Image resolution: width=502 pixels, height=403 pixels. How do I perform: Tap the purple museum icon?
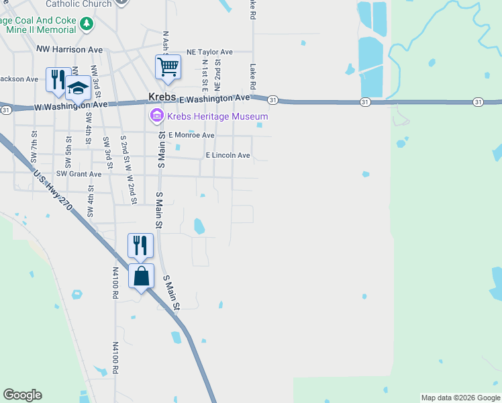point(157,116)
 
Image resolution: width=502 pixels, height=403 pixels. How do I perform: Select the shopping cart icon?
point(168,66)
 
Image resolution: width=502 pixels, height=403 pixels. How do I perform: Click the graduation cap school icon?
point(78,89)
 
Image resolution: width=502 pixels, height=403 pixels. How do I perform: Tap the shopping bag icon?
point(141,275)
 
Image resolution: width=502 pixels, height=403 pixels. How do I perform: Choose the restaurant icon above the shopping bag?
point(140,245)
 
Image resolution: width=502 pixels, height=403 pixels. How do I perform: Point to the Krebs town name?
point(162,98)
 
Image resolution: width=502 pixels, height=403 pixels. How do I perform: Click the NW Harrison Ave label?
point(70,50)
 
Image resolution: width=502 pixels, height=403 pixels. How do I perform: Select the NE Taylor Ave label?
point(209,52)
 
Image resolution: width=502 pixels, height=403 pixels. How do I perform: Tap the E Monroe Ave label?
point(191,135)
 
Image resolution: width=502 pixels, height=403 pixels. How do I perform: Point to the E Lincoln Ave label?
point(228,155)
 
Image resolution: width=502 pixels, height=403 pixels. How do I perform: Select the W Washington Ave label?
point(70,105)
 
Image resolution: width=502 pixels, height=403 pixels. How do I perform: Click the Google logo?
point(22,395)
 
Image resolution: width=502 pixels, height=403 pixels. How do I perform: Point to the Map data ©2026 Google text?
point(460,398)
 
